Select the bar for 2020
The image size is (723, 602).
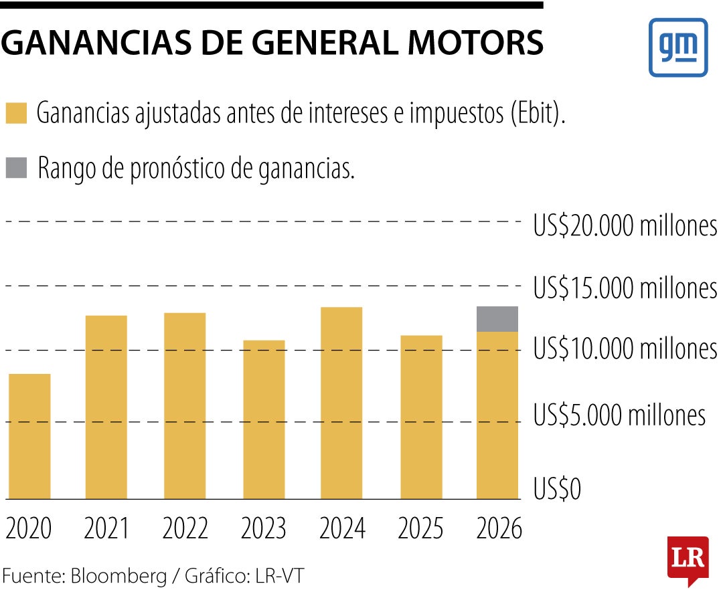tap(29, 436)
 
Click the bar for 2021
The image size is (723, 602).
tap(106, 407)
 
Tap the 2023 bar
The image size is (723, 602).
tap(264, 419)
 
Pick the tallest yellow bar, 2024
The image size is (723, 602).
tap(341, 403)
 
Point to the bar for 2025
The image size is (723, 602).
tap(421, 417)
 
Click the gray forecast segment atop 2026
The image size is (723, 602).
tap(498, 319)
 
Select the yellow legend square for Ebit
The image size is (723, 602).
tap(16, 113)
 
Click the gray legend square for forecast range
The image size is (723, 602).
tap(16, 168)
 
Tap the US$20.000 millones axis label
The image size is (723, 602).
tap(625, 227)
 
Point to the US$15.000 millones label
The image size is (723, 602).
tap(625, 288)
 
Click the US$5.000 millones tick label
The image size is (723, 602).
tap(619, 415)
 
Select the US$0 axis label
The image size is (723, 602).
tap(557, 490)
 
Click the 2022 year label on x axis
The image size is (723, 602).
tap(185, 530)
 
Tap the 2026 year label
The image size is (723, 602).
tap(499, 530)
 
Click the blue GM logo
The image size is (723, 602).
tap(677, 47)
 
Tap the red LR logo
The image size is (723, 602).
tap(688, 559)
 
